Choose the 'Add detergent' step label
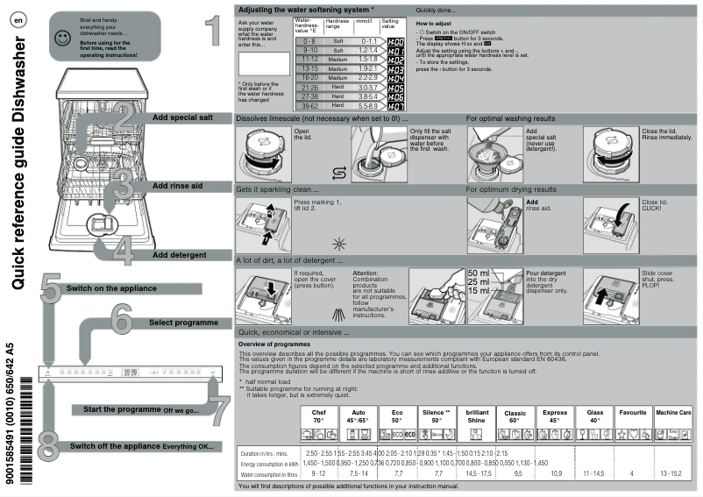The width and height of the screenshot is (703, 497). point(180,255)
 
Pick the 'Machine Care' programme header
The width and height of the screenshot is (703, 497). point(674,411)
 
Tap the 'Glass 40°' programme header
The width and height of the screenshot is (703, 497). point(594,415)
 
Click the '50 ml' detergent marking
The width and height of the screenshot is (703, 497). point(479,273)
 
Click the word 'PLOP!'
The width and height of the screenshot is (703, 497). point(653,284)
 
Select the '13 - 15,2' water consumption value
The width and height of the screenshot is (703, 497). point(673,473)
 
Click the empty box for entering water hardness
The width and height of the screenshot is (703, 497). point(263,63)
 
